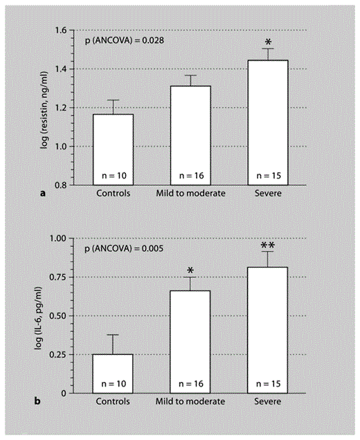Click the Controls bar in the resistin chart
tap(113, 149)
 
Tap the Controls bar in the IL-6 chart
tap(113, 374)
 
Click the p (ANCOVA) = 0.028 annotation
tap(125, 42)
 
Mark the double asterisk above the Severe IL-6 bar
tap(267, 246)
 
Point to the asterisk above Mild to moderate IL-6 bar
tap(190, 271)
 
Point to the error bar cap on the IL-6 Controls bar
tap(113, 335)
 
